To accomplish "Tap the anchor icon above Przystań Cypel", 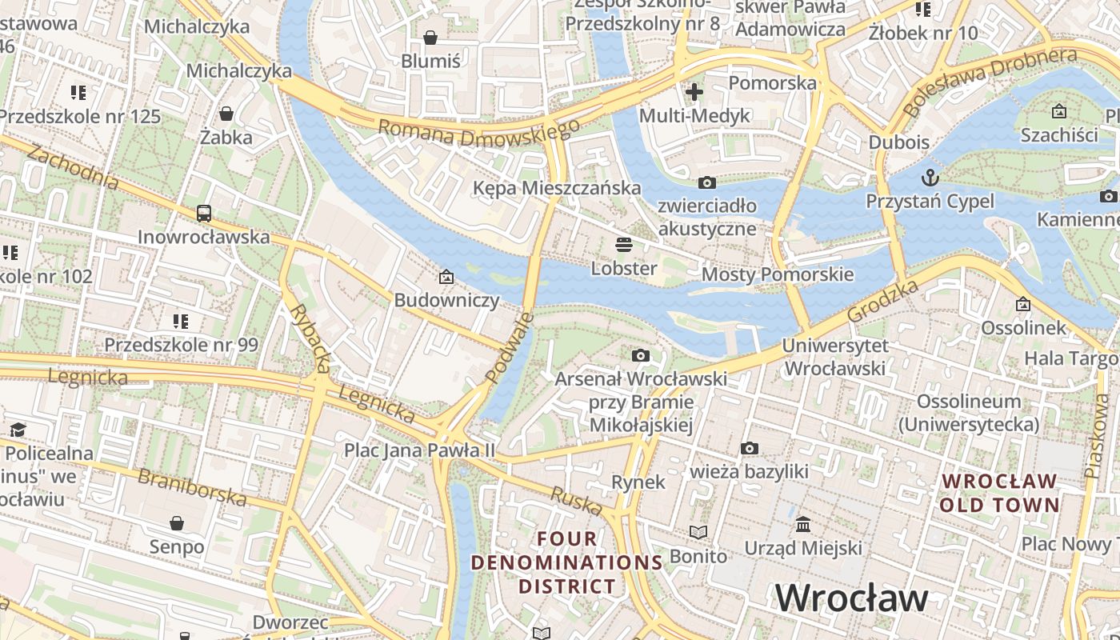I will click(930, 177).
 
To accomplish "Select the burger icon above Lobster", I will click(624, 244).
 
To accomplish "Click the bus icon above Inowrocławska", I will click(204, 214).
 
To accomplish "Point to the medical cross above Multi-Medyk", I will click(694, 92).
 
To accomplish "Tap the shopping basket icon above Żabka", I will click(226, 114).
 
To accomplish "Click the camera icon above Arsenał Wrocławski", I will click(640, 355).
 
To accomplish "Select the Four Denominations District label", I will click(566, 562).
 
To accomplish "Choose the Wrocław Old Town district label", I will click(999, 493).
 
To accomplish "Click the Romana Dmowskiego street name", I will click(478, 134).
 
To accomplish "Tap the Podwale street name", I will click(510, 347).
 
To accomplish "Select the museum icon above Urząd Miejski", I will click(803, 525).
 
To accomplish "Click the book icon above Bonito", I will click(698, 532).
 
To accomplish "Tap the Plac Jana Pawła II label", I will click(420, 450).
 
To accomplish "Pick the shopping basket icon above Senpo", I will click(177, 523).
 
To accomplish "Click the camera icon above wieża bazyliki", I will click(749, 448).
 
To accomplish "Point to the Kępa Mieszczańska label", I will click(557, 188).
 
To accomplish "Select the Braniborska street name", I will click(192, 487).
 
